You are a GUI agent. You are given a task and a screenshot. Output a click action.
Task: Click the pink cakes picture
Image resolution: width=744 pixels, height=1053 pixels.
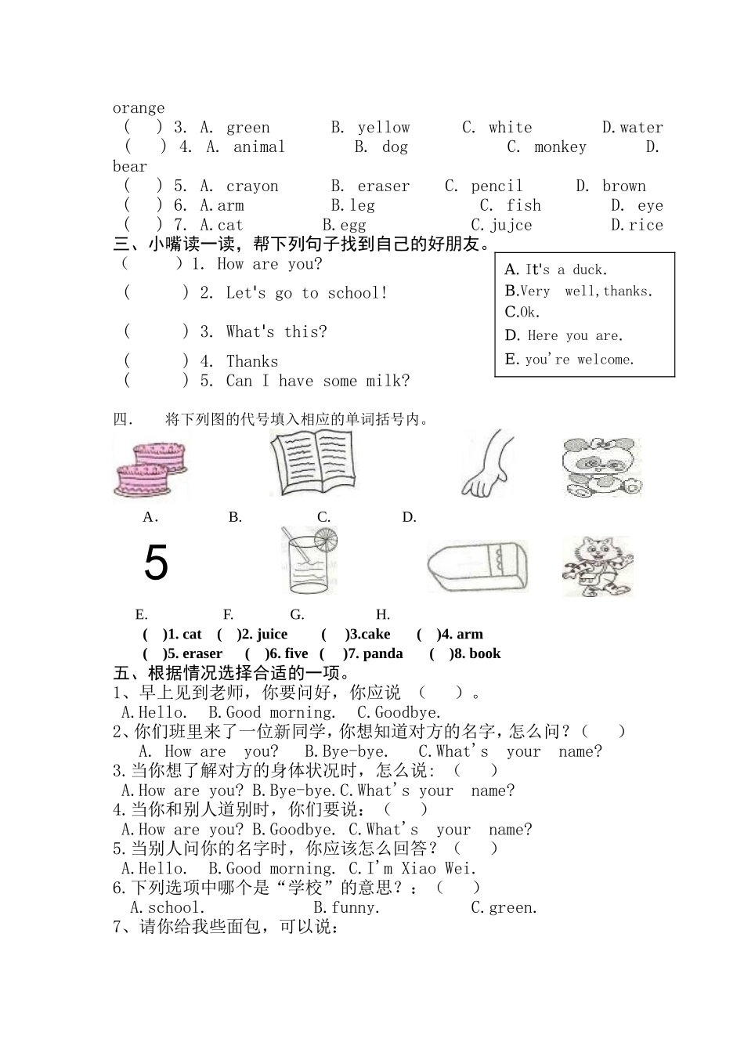(150, 468)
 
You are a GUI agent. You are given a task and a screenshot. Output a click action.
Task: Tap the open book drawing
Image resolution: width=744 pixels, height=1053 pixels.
(311, 463)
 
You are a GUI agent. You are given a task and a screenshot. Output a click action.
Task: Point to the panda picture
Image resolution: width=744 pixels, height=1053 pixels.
(601, 467)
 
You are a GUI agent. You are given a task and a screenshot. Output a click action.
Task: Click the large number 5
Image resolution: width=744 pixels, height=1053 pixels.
(156, 563)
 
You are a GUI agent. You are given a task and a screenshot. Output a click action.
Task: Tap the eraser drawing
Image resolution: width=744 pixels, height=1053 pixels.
(477, 566)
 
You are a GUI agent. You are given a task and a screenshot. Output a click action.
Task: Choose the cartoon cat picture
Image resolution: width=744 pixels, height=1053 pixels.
(597, 566)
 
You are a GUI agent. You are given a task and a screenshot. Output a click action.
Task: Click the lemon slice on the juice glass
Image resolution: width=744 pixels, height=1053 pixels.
(325, 539)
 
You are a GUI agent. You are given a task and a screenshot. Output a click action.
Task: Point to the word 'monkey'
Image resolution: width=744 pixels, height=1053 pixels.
(560, 147)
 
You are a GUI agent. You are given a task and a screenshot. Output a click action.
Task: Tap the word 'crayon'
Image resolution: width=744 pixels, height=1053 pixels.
(252, 186)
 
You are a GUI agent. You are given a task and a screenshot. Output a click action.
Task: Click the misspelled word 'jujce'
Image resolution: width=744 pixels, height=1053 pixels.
(511, 226)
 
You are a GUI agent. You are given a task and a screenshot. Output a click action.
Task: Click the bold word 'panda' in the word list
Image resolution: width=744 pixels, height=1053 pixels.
(383, 653)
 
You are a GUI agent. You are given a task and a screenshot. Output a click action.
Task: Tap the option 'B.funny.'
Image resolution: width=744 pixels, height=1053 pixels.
(346, 908)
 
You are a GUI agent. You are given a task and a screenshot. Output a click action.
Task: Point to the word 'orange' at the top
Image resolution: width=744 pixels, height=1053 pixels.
(139, 108)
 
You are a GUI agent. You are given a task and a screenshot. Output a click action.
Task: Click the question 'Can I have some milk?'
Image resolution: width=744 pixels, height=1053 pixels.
(317, 382)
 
